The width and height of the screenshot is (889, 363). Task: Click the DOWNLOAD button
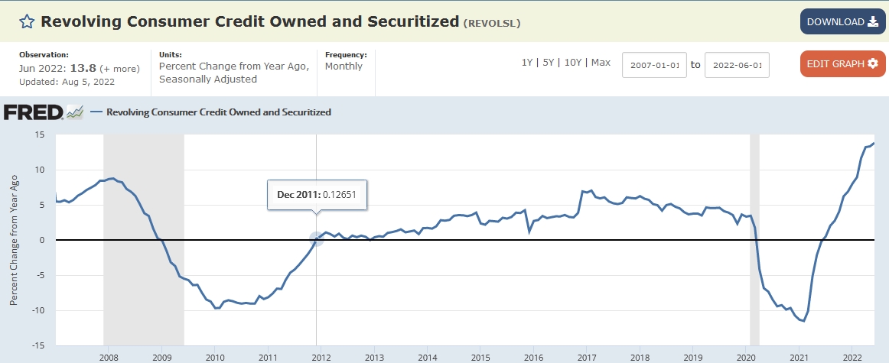(x=842, y=21)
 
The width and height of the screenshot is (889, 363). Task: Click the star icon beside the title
(x=27, y=21)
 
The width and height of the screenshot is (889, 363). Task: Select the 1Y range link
(x=527, y=63)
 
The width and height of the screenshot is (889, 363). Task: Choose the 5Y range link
(x=548, y=63)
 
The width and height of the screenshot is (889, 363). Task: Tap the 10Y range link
(x=572, y=63)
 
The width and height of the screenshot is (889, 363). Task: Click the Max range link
(x=601, y=63)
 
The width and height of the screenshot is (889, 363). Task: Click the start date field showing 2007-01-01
(x=654, y=65)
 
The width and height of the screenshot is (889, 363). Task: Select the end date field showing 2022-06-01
(x=736, y=65)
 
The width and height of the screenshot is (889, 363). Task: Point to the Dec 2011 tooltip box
(x=317, y=195)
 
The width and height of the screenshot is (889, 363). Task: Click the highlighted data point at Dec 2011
(x=317, y=239)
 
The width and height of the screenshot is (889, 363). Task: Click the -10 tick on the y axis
(x=37, y=310)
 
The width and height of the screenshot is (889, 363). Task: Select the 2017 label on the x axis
(x=587, y=357)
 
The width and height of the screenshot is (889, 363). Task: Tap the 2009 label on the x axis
(x=161, y=357)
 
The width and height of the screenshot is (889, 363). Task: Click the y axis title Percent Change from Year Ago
(x=13, y=240)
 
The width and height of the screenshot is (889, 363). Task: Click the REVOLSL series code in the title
(x=492, y=23)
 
